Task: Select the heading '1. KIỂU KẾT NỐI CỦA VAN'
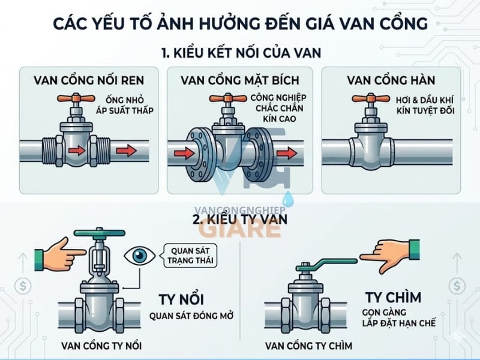coord(240,53)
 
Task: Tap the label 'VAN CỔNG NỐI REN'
coord(89,80)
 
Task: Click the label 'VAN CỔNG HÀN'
coord(391,80)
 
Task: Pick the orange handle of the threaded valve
coord(74,100)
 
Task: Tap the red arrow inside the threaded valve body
coord(76,151)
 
